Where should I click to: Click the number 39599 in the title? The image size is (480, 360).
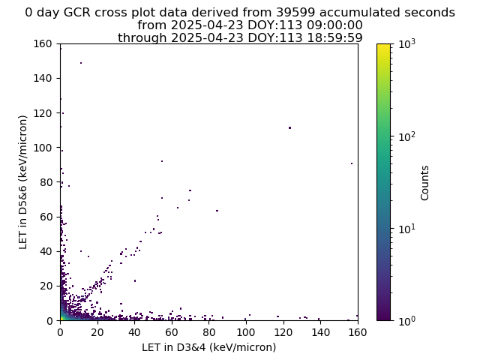point(295,13)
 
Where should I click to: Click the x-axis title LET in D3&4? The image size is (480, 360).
point(208,347)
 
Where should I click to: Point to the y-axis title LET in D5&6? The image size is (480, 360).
point(23,182)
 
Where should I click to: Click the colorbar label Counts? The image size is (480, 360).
point(424,183)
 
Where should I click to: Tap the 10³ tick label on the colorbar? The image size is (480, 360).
point(406,43)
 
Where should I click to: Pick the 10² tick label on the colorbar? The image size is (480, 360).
point(406,136)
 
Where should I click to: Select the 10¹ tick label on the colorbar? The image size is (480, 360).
point(406,228)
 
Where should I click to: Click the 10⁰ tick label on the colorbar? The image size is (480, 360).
point(406,320)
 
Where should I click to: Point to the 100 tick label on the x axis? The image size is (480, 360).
point(246,332)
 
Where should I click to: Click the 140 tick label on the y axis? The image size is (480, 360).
point(43,78)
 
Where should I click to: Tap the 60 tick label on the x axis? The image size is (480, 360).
point(172,332)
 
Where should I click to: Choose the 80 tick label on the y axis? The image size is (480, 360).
point(46,182)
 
